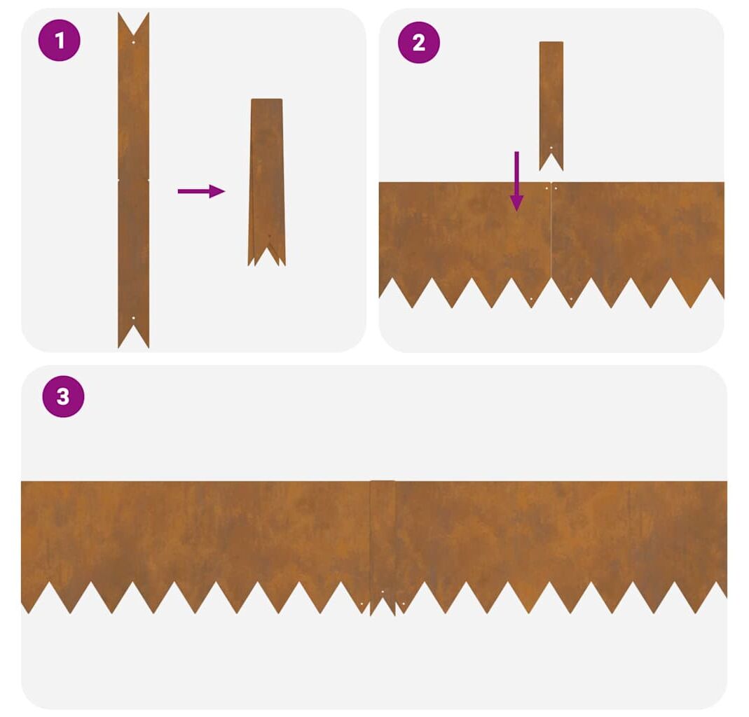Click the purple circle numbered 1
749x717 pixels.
tap(60, 40)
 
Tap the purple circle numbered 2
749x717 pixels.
tap(418, 43)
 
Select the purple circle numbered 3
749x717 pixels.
tap(63, 396)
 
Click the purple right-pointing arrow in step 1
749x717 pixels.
tap(201, 191)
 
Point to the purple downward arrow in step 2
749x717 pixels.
tap(516, 181)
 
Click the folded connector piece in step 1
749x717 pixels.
tap(266, 182)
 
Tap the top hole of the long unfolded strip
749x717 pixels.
tap(133, 42)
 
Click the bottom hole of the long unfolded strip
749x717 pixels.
tap(133, 317)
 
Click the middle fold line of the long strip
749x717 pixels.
tap(133, 180)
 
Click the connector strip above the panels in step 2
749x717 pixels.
tap(551, 106)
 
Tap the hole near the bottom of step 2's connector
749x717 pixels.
tap(551, 148)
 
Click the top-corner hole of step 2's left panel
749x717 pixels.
tap(547, 188)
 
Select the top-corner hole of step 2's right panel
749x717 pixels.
tap(556, 188)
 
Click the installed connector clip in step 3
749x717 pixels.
tap(383, 547)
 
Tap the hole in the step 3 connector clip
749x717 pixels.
tap(383, 592)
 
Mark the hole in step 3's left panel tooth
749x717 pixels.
tap(362, 604)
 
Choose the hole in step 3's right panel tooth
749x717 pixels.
tap(404, 604)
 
